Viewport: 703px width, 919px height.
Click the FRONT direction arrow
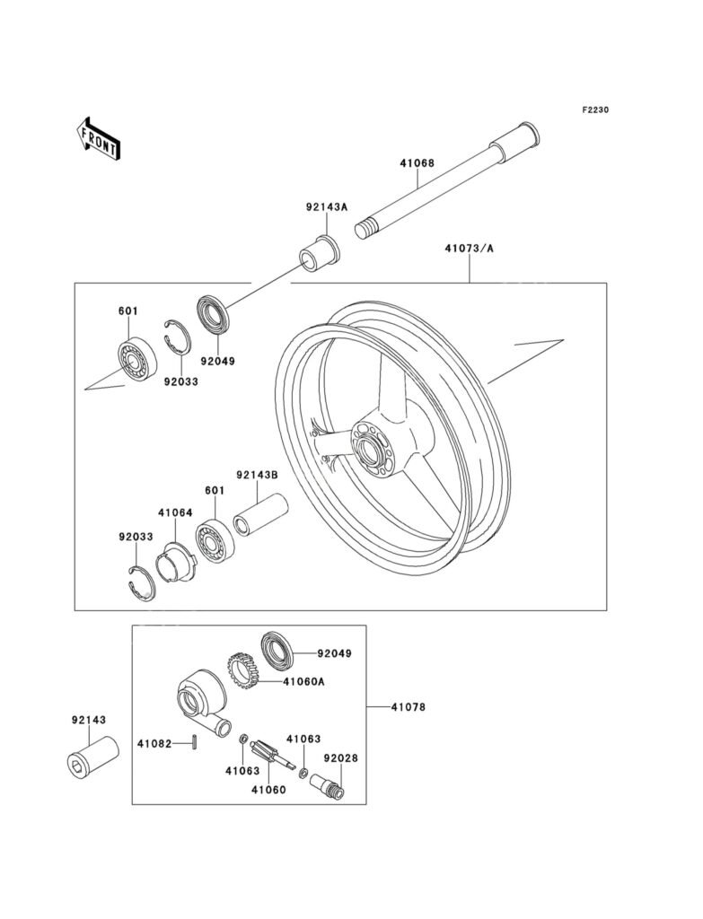pyautogui.click(x=98, y=139)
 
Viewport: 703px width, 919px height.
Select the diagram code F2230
pyautogui.click(x=595, y=109)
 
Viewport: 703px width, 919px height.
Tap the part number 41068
pyautogui.click(x=417, y=163)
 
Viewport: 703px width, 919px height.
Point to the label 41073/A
pyautogui.click(x=469, y=249)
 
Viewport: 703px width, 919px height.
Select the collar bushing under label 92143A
pyautogui.click(x=320, y=253)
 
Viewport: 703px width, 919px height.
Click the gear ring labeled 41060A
pyautogui.click(x=242, y=670)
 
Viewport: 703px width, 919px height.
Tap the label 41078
pyautogui.click(x=409, y=707)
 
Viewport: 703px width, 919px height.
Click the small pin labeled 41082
pyautogui.click(x=195, y=741)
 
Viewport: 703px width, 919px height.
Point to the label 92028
pyautogui.click(x=340, y=757)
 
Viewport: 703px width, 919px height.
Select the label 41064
pyautogui.click(x=175, y=512)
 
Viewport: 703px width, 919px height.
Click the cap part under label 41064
pyautogui.click(x=177, y=564)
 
